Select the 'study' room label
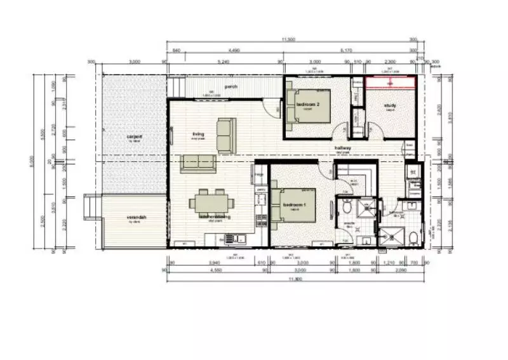(x=390, y=105)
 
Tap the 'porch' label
(x=231, y=87)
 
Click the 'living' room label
(x=197, y=134)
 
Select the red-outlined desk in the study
(x=390, y=83)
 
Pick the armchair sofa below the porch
(x=226, y=135)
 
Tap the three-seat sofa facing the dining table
(x=197, y=163)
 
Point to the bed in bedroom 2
(x=310, y=104)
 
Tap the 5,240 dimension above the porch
(x=223, y=62)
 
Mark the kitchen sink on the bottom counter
(x=236, y=238)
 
